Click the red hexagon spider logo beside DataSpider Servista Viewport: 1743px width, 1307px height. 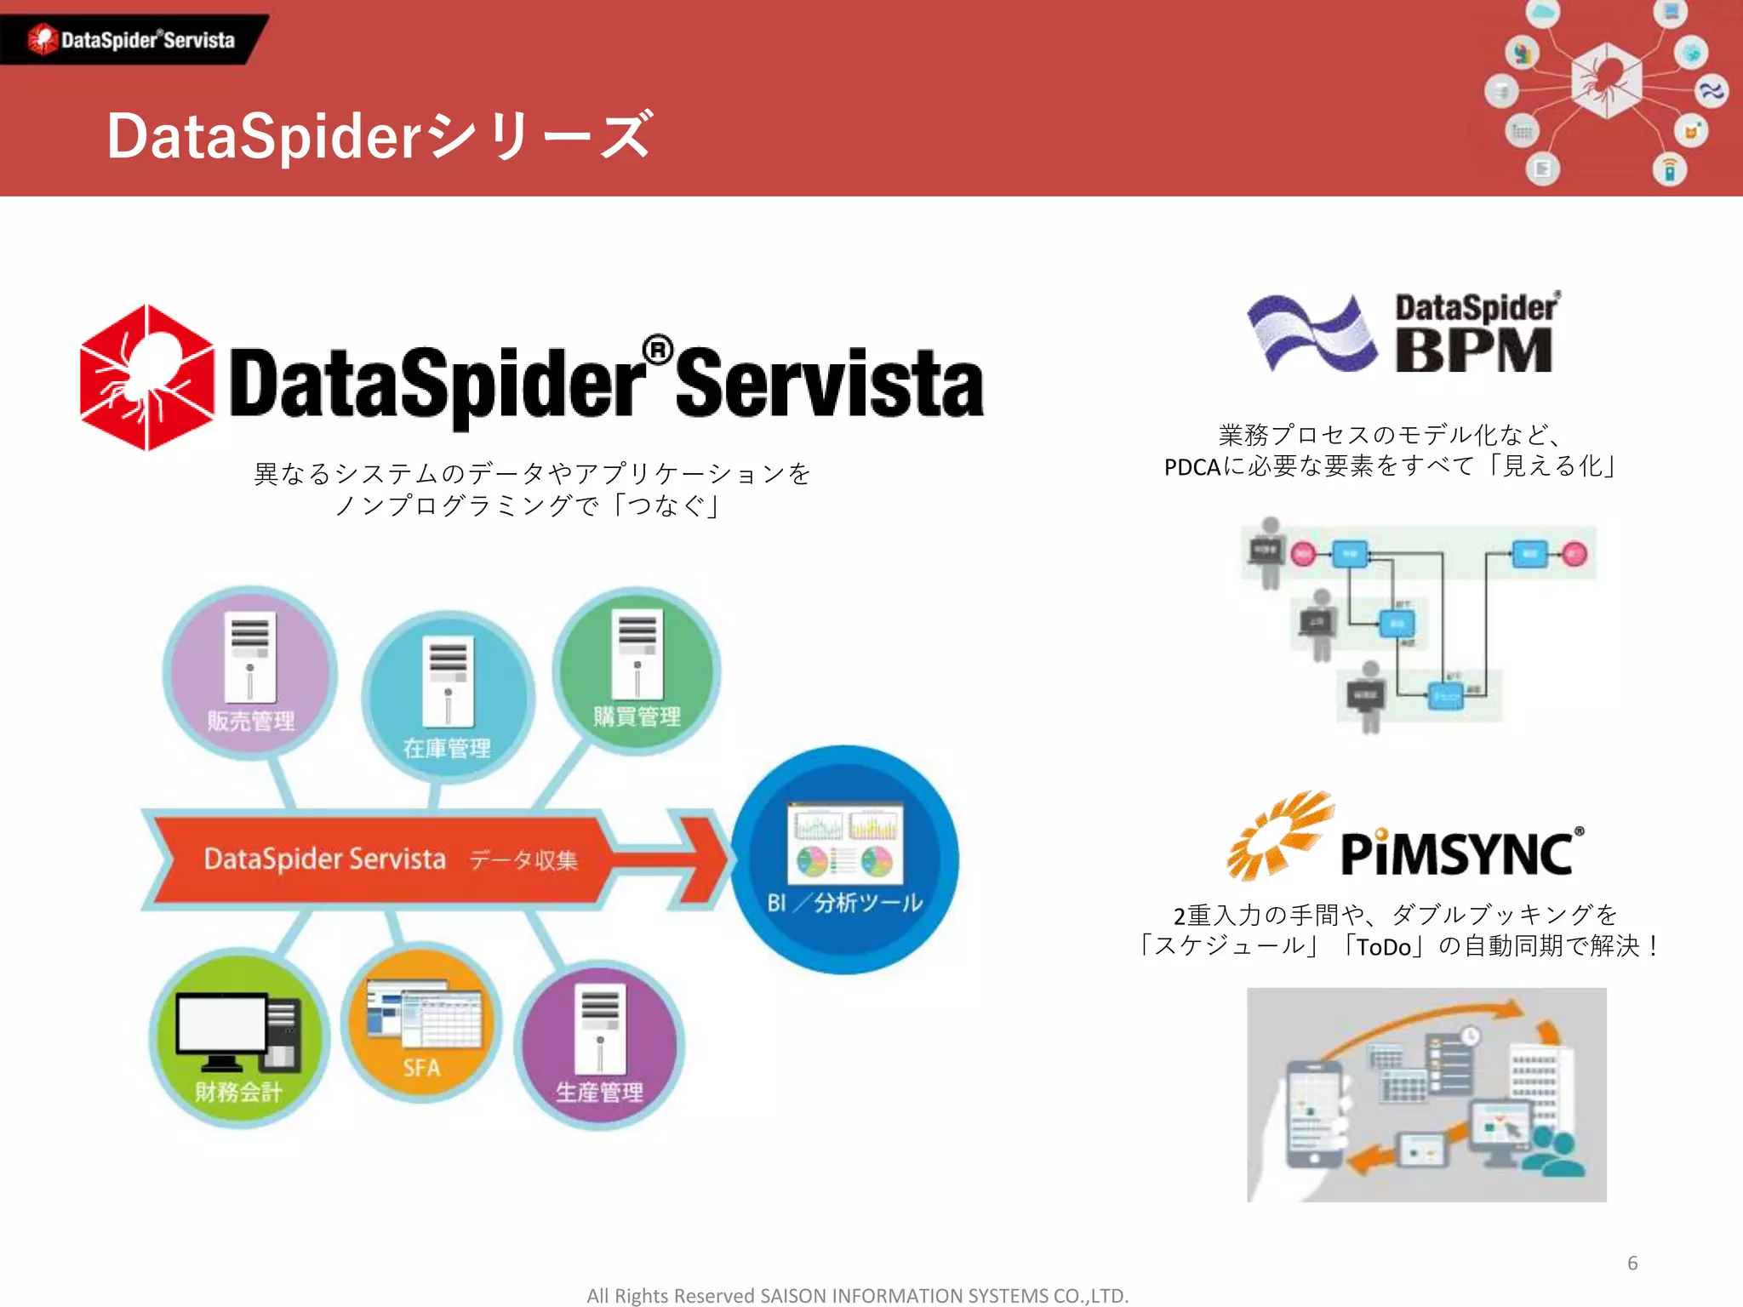pos(147,378)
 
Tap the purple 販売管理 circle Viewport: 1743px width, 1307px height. pos(249,672)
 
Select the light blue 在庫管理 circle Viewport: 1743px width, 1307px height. pos(448,696)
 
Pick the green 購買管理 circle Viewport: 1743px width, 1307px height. pos(637,671)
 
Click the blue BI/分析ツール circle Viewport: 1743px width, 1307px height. pos(845,859)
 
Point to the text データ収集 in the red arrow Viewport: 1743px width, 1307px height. pos(523,860)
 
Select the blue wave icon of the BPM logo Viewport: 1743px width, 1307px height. pos(1312,333)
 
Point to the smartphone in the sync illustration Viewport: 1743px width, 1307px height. pos(1315,1115)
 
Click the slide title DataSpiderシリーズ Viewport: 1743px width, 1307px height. pos(380,136)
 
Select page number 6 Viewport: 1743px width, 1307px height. pos(1632,1263)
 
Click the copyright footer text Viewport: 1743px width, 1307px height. pos(857,1295)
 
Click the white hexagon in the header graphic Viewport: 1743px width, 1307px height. pos(1605,81)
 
